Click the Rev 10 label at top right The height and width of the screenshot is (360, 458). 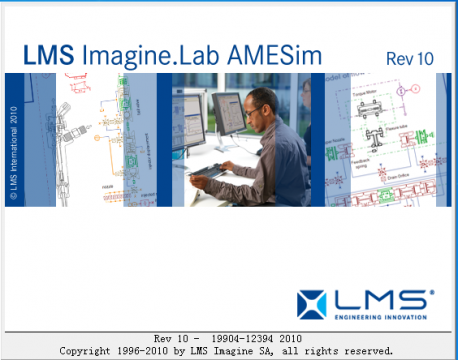pos(409,58)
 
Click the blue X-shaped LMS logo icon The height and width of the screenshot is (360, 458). pos(313,302)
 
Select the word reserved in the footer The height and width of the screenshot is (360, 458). pos(366,351)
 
